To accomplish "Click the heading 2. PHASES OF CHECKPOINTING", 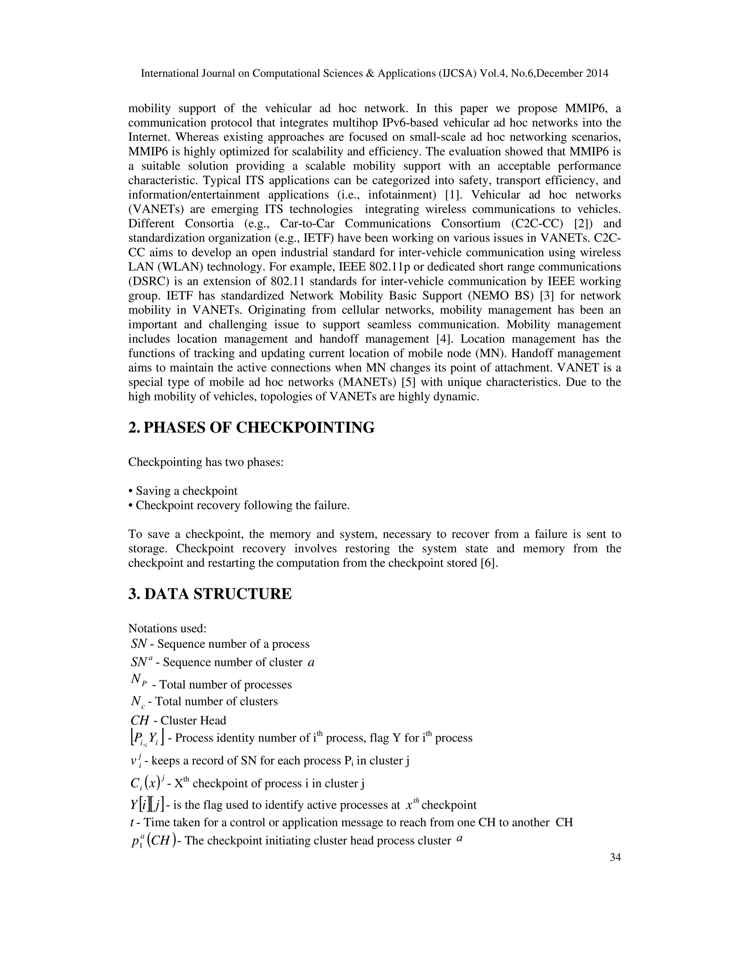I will click(251, 427).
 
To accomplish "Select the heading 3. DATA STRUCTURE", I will click(210, 594).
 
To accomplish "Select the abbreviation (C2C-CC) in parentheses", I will click(537, 224).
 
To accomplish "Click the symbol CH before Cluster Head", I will click(140, 721).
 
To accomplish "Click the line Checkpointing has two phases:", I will click(206, 462).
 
